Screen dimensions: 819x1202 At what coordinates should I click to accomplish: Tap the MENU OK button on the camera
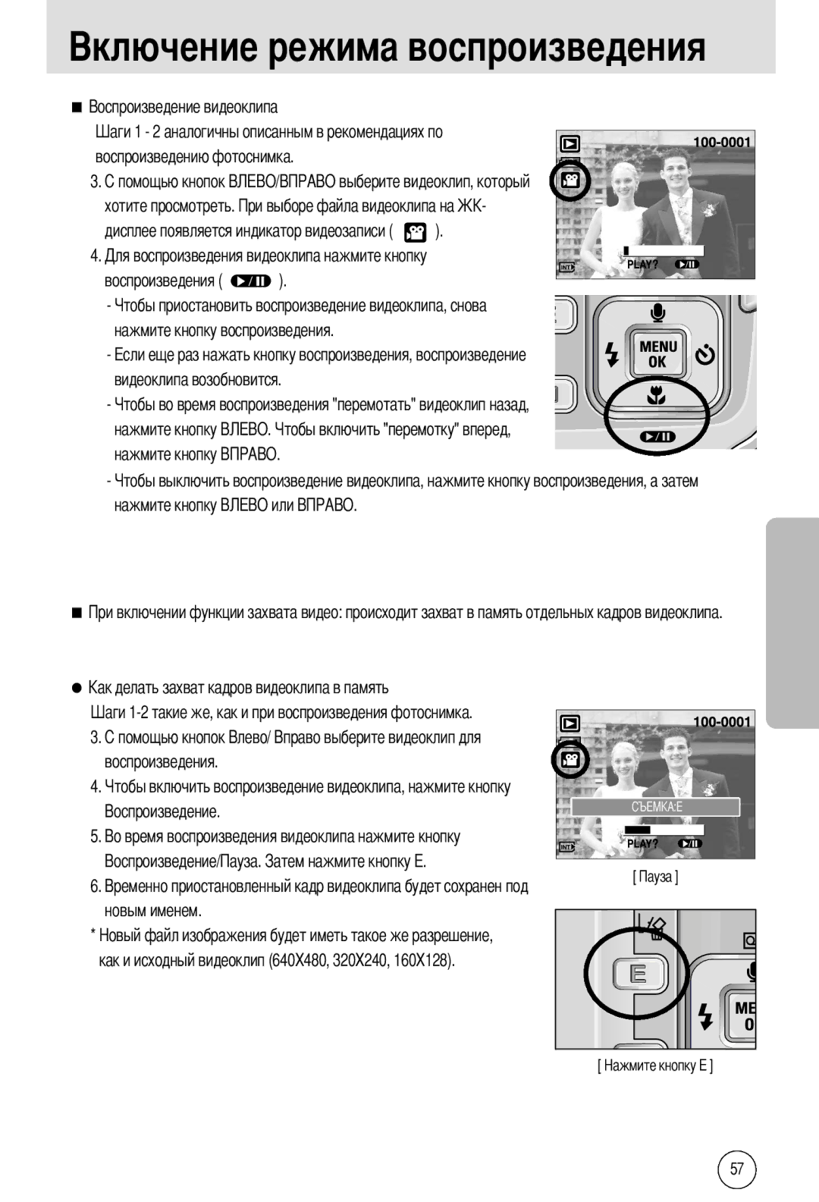click(657, 354)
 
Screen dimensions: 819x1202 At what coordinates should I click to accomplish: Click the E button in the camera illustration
click(639, 973)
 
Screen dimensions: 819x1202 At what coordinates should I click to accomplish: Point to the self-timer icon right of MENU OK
click(705, 355)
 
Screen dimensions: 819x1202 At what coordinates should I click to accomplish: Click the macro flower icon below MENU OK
click(656, 396)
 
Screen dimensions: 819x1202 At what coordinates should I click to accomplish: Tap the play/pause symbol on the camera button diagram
click(657, 436)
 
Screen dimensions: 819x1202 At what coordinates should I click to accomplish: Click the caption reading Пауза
click(655, 877)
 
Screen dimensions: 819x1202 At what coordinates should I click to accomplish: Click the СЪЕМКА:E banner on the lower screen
click(655, 807)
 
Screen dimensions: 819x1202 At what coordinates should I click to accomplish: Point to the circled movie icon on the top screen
click(570, 180)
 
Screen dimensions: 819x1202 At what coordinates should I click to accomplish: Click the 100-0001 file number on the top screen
click(721, 143)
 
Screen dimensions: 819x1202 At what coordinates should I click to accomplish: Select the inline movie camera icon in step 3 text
click(415, 232)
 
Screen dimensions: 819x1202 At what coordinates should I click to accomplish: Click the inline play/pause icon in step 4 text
click(251, 281)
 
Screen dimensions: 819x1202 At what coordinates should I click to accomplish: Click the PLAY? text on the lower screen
click(642, 843)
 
